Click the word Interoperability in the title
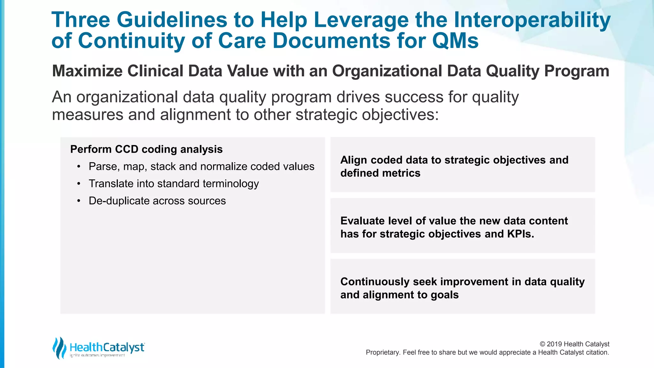coord(532,20)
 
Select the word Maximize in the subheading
coord(87,71)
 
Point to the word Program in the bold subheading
coord(576,71)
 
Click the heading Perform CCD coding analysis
coord(146,149)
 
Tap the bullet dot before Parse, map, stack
coord(79,166)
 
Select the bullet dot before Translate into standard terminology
coord(79,184)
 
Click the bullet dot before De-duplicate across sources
coord(79,201)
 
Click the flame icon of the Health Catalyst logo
coord(59,348)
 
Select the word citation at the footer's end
coord(597,352)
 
